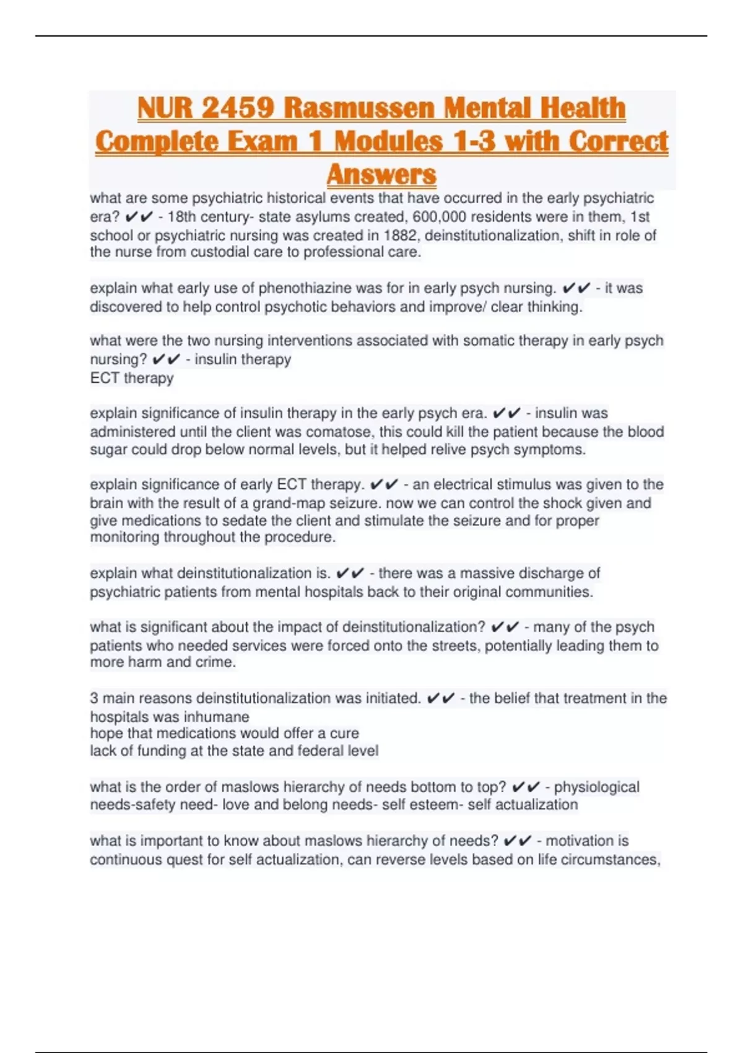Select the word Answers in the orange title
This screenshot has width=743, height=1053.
(381, 175)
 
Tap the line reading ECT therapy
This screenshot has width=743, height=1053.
(131, 378)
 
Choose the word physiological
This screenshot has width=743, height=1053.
(596, 787)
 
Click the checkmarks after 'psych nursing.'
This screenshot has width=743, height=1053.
(576, 288)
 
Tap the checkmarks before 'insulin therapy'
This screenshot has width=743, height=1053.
(166, 359)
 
